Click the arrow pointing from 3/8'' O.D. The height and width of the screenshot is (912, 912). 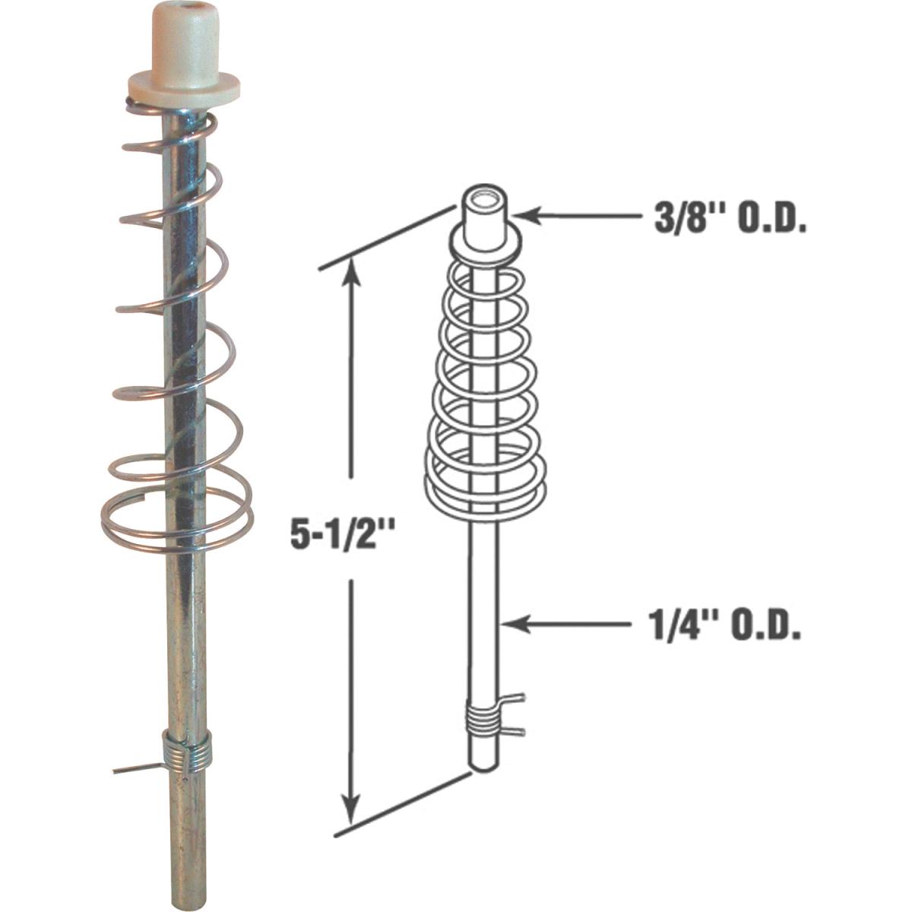[578, 216]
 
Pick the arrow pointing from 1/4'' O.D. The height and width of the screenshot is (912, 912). [566, 624]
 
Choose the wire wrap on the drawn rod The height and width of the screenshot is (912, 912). [481, 718]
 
